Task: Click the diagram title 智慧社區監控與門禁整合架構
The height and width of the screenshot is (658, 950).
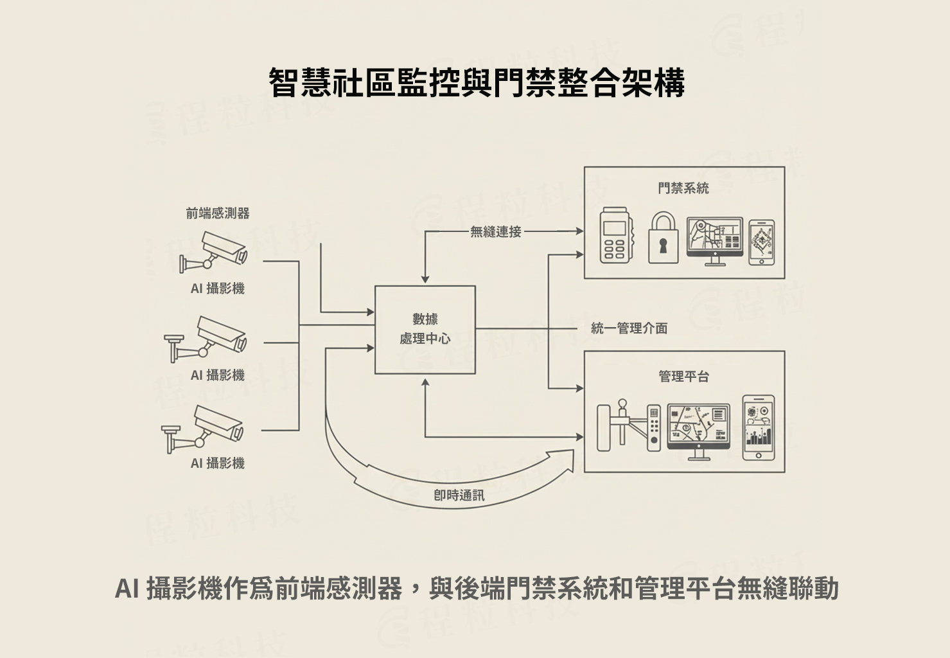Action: [x=476, y=82]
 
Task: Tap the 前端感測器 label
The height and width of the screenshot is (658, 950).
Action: [x=218, y=213]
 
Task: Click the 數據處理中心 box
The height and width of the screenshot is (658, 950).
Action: [x=425, y=329]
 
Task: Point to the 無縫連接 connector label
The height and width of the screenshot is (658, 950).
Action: [x=495, y=231]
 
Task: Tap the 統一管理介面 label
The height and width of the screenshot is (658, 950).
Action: [x=629, y=328]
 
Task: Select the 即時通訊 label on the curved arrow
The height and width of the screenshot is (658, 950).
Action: [x=459, y=495]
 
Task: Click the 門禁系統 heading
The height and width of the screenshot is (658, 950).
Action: [x=683, y=188]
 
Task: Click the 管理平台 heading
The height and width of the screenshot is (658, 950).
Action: [x=683, y=376]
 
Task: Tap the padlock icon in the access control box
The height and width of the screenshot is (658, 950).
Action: [x=662, y=238]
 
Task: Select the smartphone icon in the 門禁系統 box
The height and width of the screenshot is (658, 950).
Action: [x=761, y=242]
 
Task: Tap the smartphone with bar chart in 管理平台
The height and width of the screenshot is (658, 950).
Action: [x=758, y=427]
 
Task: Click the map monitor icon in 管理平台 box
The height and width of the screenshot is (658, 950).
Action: [x=698, y=431]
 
